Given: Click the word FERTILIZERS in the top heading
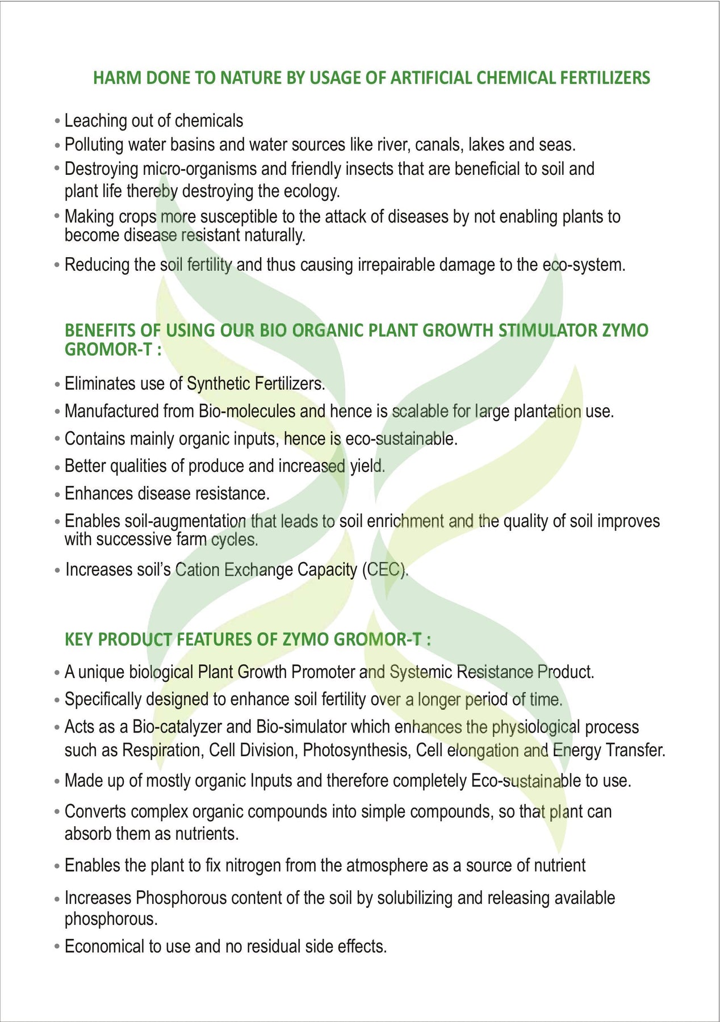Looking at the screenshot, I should tap(605, 78).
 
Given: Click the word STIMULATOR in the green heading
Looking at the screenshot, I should tap(547, 330).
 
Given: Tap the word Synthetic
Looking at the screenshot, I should tap(218, 384).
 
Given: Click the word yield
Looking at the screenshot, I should tap(367, 466).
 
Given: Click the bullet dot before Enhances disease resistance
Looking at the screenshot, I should tap(57, 495).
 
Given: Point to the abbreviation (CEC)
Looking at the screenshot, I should tap(384, 569).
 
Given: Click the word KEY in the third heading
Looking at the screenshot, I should tap(78, 640).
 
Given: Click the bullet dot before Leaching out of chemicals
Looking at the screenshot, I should tap(57, 122).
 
